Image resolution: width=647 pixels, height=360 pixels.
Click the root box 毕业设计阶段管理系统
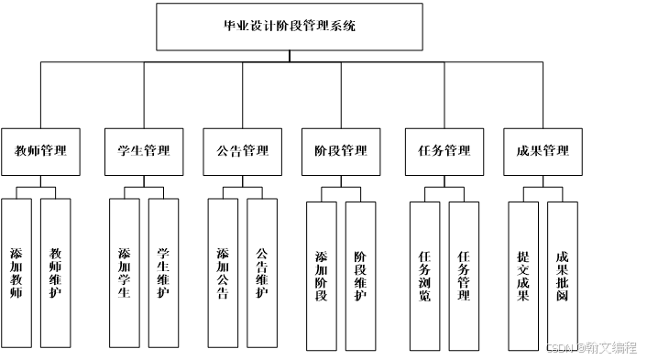(x=290, y=27)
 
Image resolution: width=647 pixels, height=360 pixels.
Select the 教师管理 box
(x=40, y=152)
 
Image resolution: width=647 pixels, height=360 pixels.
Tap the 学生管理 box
(x=144, y=152)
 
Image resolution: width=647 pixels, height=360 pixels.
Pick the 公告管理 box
(x=243, y=152)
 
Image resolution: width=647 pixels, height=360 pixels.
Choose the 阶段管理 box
(x=341, y=152)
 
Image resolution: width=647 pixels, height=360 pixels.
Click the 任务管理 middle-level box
(x=444, y=152)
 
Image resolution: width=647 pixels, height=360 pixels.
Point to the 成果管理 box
(x=543, y=152)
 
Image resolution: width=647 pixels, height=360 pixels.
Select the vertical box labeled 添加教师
(x=16, y=273)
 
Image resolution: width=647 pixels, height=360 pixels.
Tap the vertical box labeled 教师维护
(x=56, y=273)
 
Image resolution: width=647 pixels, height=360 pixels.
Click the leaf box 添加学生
(x=125, y=273)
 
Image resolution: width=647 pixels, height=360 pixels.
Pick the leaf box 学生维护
(x=163, y=273)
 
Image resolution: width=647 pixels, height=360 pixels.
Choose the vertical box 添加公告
(x=223, y=273)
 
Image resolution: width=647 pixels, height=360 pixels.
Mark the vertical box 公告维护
(x=262, y=273)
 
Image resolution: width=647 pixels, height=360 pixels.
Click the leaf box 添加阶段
(x=322, y=277)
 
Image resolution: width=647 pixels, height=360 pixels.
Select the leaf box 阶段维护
(x=361, y=277)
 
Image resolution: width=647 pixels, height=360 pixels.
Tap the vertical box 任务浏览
(x=425, y=277)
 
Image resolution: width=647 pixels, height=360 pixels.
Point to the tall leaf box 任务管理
(x=464, y=277)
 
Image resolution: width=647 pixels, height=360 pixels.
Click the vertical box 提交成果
(x=523, y=277)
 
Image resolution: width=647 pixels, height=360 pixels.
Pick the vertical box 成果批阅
(x=563, y=277)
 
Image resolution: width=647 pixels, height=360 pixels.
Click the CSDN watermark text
(x=592, y=348)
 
